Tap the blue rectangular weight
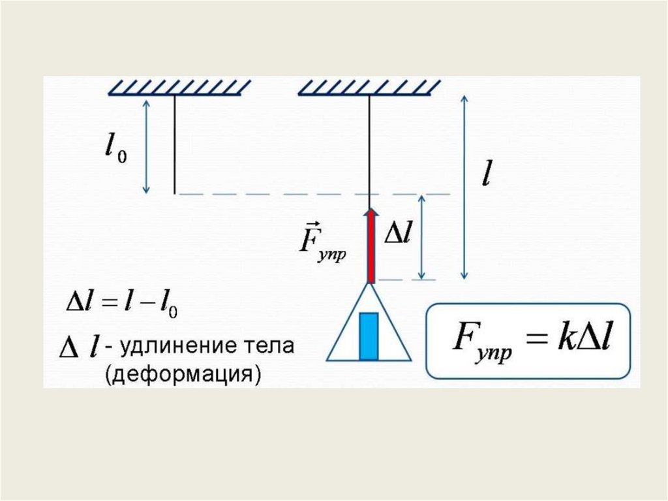[369, 336]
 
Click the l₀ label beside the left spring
[115, 149]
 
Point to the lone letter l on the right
[486, 174]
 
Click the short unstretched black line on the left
[175, 144]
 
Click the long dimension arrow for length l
[464, 186]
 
